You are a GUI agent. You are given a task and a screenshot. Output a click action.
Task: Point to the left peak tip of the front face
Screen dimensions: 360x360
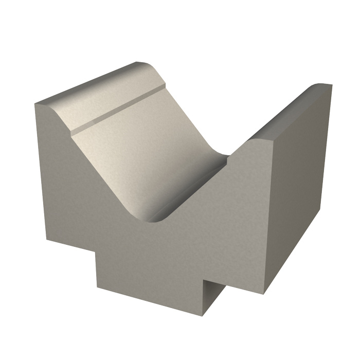(36, 104)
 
